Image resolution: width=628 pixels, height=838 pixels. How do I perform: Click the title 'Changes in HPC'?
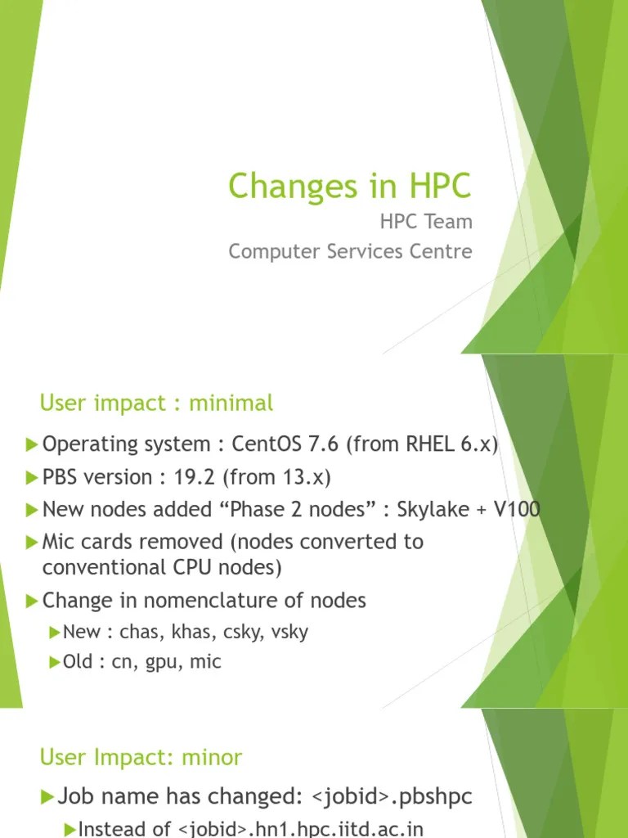350,186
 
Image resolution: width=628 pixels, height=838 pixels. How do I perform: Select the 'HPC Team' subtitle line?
426,222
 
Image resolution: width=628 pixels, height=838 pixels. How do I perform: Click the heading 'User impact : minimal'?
156,403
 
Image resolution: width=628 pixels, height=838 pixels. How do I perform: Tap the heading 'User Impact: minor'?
141,757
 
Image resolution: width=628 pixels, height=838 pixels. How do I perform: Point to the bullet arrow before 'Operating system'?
32,444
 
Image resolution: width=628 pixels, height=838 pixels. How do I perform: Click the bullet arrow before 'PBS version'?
32,477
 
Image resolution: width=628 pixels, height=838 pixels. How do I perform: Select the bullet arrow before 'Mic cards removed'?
32,542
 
